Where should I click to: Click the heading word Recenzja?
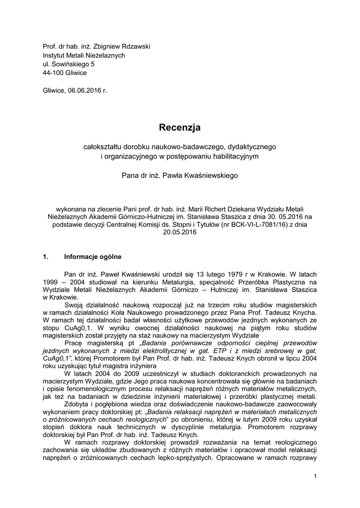click(x=180, y=128)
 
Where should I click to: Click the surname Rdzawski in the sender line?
click(x=132, y=47)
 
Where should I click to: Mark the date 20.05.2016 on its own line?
click(x=180, y=232)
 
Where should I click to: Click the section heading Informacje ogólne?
click(x=93, y=257)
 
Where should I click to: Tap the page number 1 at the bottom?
click(x=315, y=477)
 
